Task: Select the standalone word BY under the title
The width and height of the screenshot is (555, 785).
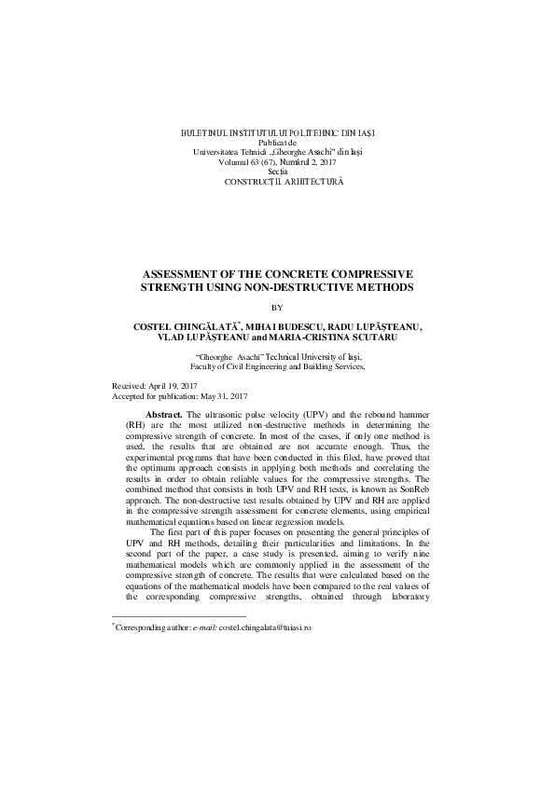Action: click(x=276, y=308)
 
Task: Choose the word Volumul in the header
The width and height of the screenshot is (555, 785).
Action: click(x=233, y=162)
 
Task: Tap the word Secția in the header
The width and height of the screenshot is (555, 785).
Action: click(x=278, y=172)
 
